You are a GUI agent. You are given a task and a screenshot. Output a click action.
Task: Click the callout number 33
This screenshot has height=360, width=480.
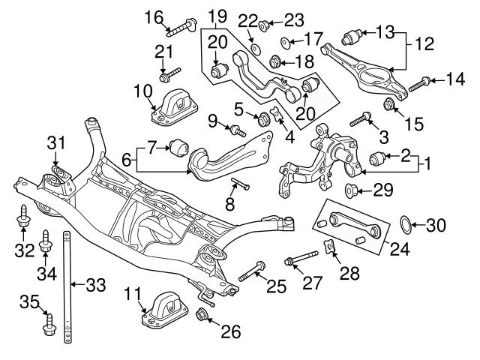[95, 284]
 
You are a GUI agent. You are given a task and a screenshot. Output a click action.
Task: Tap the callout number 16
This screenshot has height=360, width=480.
[153, 16]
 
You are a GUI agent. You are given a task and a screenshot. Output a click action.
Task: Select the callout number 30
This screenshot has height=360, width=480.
[438, 223]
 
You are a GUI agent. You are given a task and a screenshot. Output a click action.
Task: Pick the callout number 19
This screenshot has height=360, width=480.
[217, 15]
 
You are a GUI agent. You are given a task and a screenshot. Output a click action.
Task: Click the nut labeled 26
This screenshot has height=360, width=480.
[202, 313]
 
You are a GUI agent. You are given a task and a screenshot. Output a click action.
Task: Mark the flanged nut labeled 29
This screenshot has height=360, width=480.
[350, 187]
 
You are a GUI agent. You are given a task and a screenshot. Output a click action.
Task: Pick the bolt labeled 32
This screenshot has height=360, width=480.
[22, 217]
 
